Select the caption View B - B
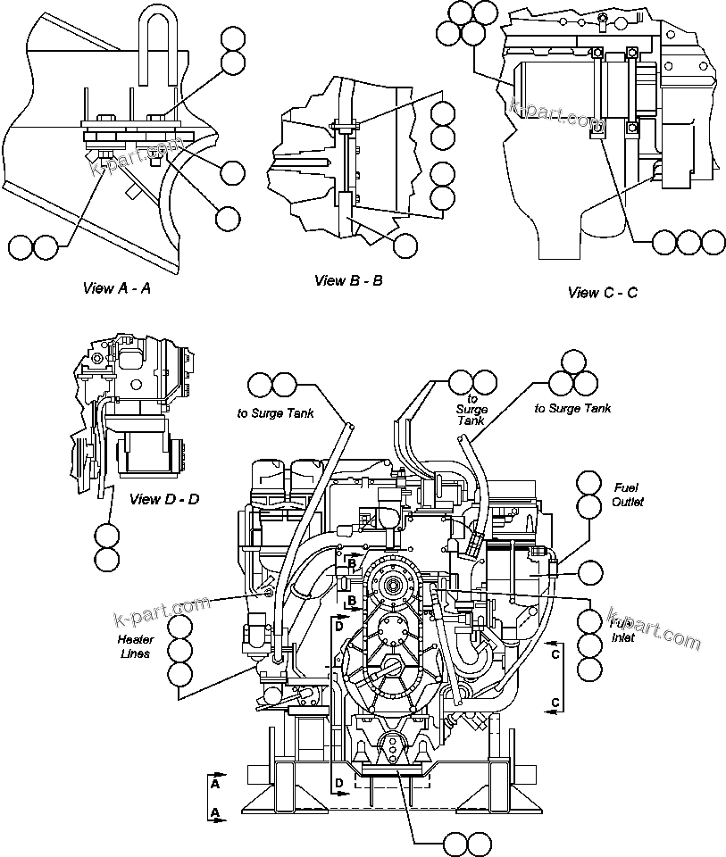click(x=348, y=280)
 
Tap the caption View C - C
click(x=603, y=292)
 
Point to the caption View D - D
click(x=164, y=499)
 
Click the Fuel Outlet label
click(x=628, y=495)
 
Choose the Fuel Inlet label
click(x=622, y=631)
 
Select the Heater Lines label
click(x=136, y=646)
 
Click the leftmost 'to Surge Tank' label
click(x=274, y=412)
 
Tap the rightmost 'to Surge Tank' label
click(x=572, y=408)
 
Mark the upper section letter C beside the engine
click(x=555, y=654)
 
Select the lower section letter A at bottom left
click(x=216, y=812)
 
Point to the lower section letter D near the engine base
click(x=339, y=783)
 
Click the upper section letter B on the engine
click(x=353, y=564)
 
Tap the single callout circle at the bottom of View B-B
click(x=406, y=245)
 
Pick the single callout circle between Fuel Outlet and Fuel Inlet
click(x=590, y=572)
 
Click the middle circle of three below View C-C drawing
click(x=688, y=242)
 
